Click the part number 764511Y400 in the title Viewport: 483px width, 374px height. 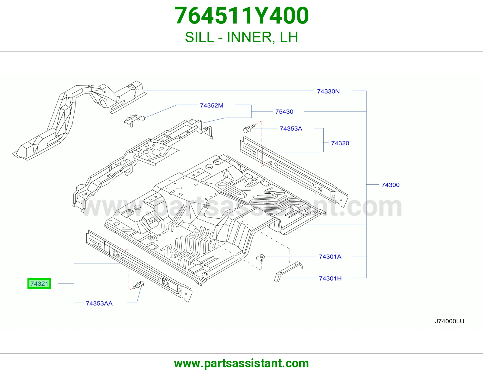coord(241,15)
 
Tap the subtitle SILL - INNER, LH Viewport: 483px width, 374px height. coord(241,37)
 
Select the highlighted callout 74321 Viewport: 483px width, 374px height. coord(39,284)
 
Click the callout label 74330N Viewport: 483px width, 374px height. coord(328,91)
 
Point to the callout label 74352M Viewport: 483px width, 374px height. coord(212,106)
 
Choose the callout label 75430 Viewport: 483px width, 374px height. coord(284,112)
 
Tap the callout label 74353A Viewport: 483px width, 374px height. coord(291,128)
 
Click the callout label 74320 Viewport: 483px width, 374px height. coord(340,143)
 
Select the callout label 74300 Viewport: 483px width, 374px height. coord(391,185)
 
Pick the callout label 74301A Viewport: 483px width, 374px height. coord(330,257)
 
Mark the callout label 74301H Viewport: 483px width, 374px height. coord(330,278)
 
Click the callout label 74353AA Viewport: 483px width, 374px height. coord(99,303)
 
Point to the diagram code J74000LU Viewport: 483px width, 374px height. coord(449,321)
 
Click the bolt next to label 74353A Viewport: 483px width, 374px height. coord(248,128)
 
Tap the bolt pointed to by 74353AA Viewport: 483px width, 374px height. coord(139,285)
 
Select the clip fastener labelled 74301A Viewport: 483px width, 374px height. coord(261,258)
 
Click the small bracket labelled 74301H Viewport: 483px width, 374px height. coord(289,271)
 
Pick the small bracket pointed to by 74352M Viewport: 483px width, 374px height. coord(134,120)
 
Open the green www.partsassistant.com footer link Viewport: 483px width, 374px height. coord(241,363)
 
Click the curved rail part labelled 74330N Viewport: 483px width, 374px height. coord(67,116)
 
